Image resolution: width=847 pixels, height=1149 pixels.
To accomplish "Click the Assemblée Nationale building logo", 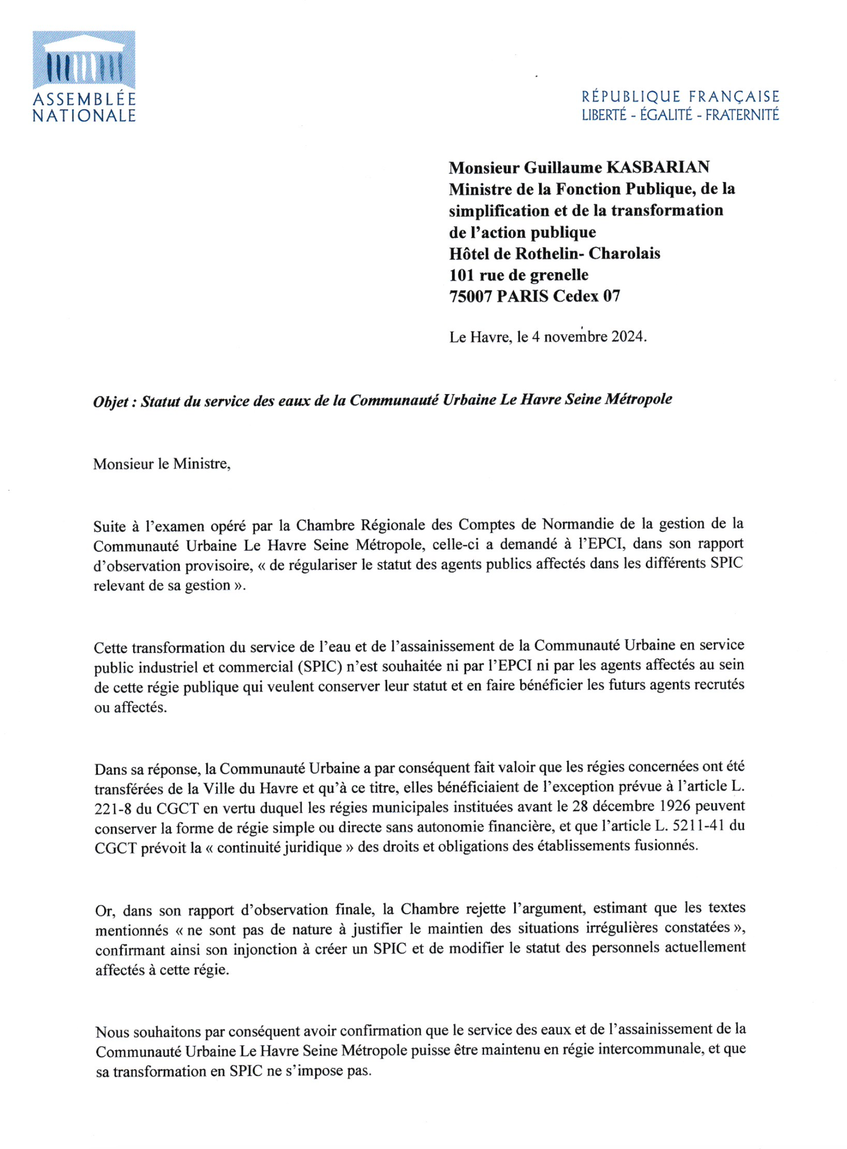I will pos(84,60).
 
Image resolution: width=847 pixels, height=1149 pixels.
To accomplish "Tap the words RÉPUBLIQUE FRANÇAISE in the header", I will pos(680,96).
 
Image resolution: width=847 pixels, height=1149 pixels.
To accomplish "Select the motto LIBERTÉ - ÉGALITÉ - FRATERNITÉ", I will pos(680,115).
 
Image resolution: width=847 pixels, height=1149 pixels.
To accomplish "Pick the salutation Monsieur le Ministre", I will pos(161,464).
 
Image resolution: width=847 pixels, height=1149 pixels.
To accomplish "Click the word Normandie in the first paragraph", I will pos(577,524).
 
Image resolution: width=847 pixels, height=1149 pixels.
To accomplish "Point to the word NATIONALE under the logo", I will pos(84,116).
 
